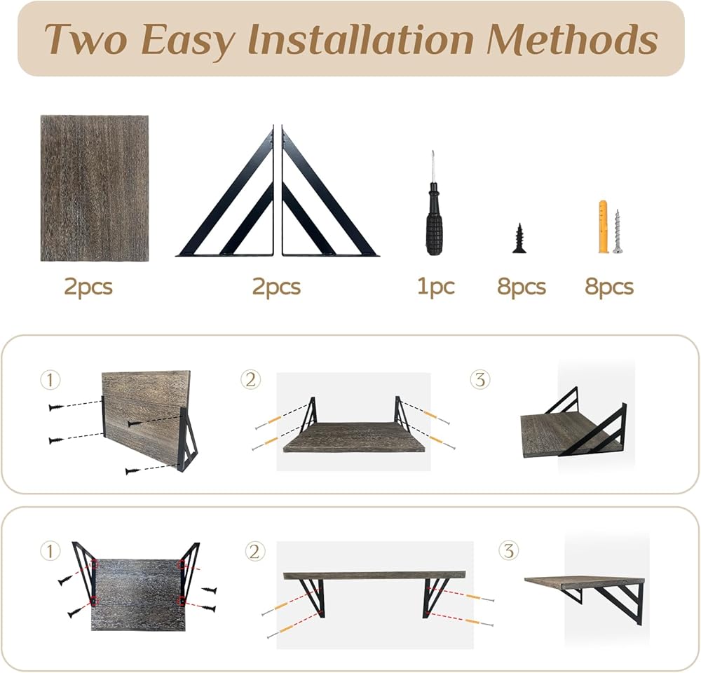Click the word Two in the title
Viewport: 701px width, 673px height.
[x=86, y=39]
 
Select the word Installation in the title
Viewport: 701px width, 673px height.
[x=360, y=39]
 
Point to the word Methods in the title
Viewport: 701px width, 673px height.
[x=572, y=39]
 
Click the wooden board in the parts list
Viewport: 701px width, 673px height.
[x=95, y=189]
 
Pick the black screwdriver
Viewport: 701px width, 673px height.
[x=433, y=203]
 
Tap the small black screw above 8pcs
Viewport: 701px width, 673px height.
[x=519, y=238]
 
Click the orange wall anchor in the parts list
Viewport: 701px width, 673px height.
[x=604, y=227]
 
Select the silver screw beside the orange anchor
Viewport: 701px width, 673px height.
[x=618, y=232]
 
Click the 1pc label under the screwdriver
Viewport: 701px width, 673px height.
[x=436, y=287]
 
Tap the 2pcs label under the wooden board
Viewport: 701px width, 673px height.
[x=88, y=287]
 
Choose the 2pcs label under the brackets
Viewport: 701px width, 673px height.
[x=276, y=287]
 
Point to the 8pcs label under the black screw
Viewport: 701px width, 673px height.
[x=522, y=287]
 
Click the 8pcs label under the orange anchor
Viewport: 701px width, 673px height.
[x=609, y=287]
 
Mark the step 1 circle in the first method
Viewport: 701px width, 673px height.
[x=50, y=380]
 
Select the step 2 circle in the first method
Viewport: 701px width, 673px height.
[x=250, y=380]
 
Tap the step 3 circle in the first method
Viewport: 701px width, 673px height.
[x=480, y=380]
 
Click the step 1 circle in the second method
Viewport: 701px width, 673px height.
[x=50, y=551]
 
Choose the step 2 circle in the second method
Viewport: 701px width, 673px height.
[x=255, y=551]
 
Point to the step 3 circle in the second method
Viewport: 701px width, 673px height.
[x=509, y=550]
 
